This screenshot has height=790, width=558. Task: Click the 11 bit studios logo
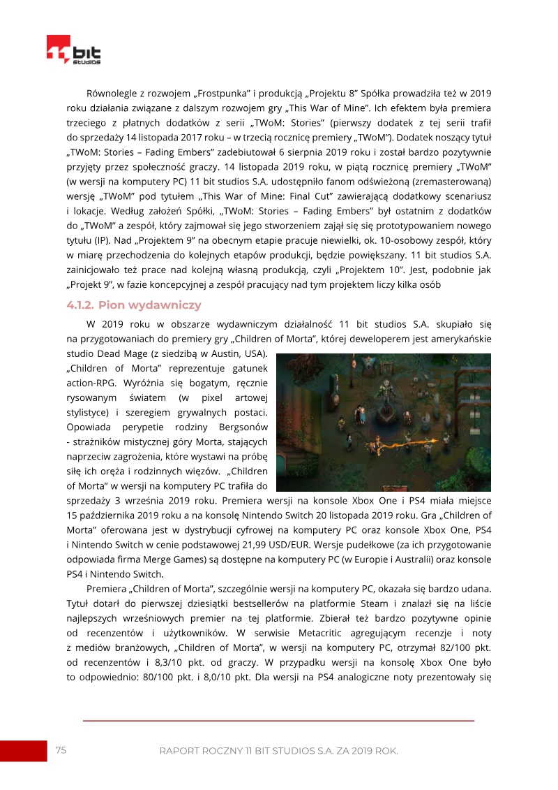coord(73,50)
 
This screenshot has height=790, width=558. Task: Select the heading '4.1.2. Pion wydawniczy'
coord(134,305)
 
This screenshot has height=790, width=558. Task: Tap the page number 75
coord(61,750)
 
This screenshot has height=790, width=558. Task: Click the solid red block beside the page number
coord(23,751)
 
